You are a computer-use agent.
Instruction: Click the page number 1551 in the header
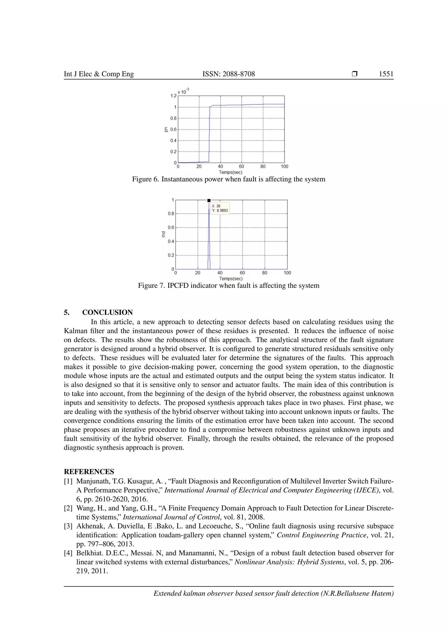pos(386,74)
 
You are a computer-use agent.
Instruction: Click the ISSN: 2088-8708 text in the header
pos(229,74)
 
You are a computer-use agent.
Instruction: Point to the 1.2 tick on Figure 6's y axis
pos(173,96)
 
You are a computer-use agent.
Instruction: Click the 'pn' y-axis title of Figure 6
pos(166,129)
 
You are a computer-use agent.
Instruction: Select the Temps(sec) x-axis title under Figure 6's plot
pos(230,172)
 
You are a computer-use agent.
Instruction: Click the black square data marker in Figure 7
pos(209,200)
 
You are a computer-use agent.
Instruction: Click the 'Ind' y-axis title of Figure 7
pos(163,234)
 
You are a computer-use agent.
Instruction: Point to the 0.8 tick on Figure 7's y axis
pos(171,214)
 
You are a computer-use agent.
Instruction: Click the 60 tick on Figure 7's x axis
pos(242,273)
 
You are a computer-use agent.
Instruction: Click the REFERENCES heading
pos(89,472)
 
